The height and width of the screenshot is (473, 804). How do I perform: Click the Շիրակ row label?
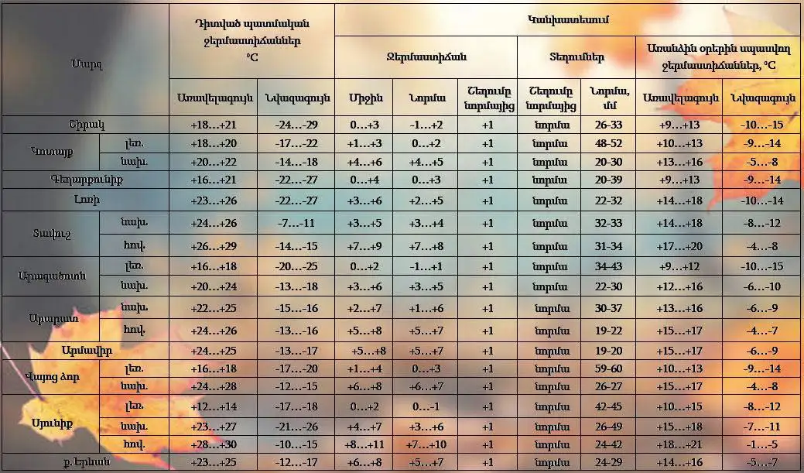[84, 125]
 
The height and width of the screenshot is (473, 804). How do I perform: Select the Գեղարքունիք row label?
[84, 180]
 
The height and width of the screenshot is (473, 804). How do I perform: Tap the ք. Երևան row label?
[84, 462]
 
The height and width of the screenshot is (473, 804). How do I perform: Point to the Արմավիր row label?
[84, 350]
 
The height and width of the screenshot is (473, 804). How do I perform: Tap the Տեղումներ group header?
[576, 57]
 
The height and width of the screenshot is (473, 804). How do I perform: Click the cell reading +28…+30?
[212, 444]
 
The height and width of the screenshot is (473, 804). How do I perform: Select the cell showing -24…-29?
[295, 125]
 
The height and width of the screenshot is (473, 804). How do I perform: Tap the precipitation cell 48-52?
[606, 143]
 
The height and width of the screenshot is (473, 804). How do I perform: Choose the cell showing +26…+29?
[212, 247]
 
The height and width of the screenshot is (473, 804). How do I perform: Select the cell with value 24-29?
[606, 462]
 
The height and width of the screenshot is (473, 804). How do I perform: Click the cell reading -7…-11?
[295, 223]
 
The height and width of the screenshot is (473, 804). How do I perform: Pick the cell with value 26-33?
[606, 125]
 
